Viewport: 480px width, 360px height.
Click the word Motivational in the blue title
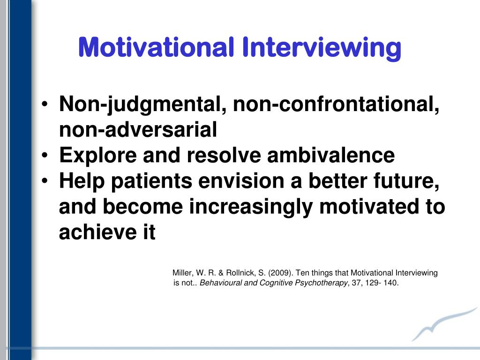pyautogui.click(x=156, y=47)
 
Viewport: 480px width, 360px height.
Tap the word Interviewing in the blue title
pyautogui.click(x=322, y=49)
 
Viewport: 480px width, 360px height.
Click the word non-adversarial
pyautogui.click(x=138, y=129)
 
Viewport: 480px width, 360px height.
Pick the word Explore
pyautogui.click(x=98, y=156)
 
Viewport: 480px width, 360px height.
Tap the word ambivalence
pyautogui.click(x=331, y=155)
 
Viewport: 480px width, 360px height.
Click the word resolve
pyautogui.click(x=224, y=155)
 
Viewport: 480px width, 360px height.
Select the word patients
pyautogui.click(x=151, y=181)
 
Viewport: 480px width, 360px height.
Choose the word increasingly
pyautogui.click(x=251, y=207)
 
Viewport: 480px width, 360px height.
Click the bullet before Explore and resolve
pyautogui.click(x=45, y=155)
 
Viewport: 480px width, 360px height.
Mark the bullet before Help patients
pyautogui.click(x=45, y=181)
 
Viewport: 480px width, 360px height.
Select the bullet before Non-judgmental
pyautogui.click(x=45, y=104)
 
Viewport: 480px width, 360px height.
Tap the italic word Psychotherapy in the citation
pyautogui.click(x=322, y=283)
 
